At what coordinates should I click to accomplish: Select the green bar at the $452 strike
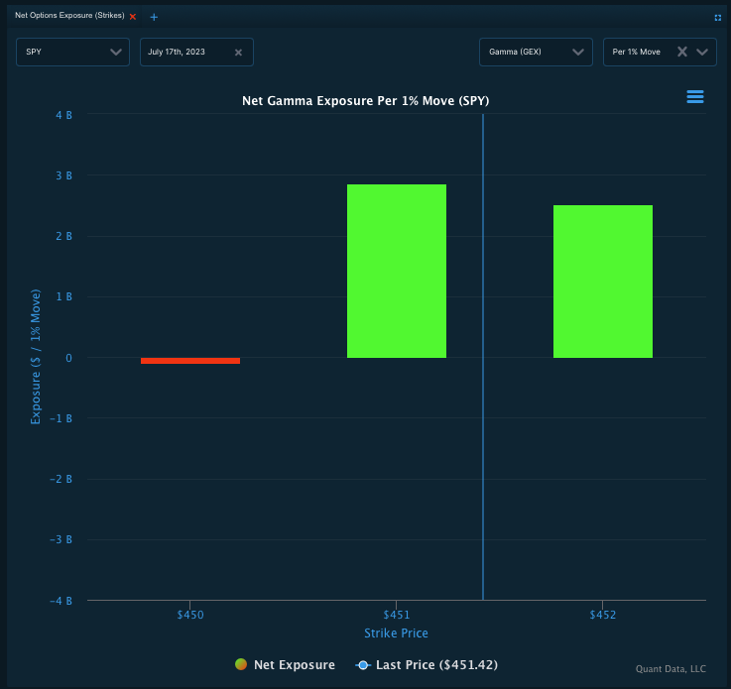coord(603,282)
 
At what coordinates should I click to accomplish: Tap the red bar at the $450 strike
coord(190,361)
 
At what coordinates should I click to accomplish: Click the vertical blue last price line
coord(483,446)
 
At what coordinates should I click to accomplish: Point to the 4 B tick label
coord(63,115)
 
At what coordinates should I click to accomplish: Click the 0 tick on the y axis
coord(67,358)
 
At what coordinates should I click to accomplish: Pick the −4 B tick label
coord(61,601)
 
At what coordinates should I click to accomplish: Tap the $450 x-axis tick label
coord(190,616)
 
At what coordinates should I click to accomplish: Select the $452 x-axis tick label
coord(603,616)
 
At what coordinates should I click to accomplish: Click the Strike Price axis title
coord(396,633)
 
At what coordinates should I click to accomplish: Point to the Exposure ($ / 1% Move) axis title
coord(37,358)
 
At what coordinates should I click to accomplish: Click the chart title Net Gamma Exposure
coord(365,101)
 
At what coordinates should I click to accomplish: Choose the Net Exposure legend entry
coord(286,665)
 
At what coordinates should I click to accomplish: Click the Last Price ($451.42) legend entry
coord(426,665)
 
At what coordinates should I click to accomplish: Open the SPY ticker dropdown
coord(72,52)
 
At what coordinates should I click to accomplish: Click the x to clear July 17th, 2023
coord(238,53)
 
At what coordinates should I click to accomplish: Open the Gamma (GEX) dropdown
coord(536,52)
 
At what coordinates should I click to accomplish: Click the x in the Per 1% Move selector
coord(681,52)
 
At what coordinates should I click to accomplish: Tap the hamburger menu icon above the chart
coord(694,96)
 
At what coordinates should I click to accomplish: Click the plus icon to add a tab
coord(154,17)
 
